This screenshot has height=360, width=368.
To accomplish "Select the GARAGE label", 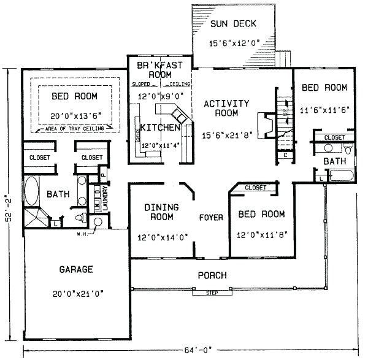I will [x=77, y=269].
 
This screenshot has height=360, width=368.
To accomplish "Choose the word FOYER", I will [x=210, y=217].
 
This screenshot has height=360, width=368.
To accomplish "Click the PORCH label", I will [x=212, y=275].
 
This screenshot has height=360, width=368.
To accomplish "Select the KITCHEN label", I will [x=159, y=127].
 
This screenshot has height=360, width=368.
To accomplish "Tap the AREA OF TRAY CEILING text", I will [x=74, y=129].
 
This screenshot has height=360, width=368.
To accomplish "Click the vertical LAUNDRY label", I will [x=105, y=199].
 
